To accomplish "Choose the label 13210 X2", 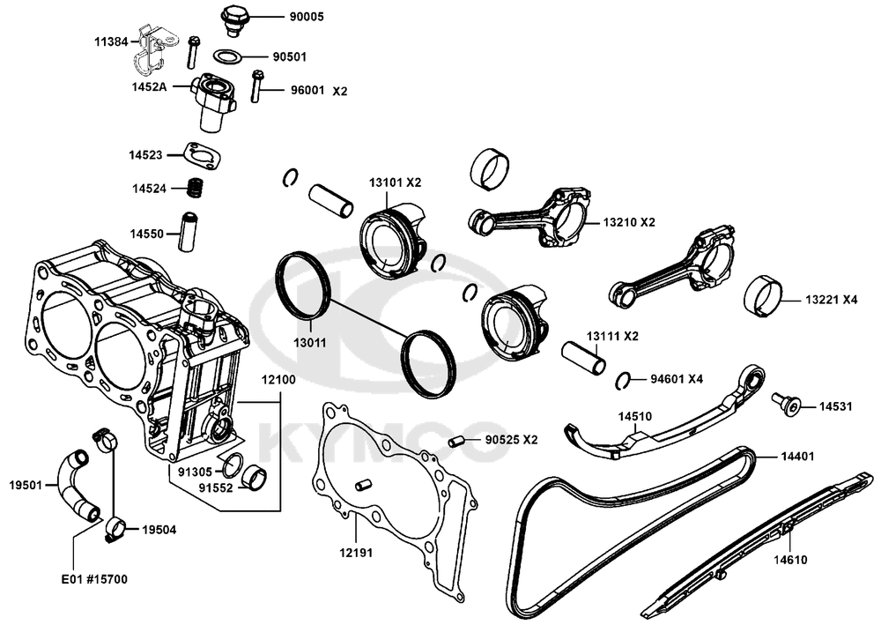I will coord(630,221).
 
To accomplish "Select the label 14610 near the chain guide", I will coord(790,559).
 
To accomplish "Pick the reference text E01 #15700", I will coord(93,579).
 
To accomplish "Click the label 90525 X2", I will coord(511,440).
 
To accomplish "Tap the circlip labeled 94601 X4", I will coord(622,380).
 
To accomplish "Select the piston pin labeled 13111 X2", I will coord(585,355).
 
